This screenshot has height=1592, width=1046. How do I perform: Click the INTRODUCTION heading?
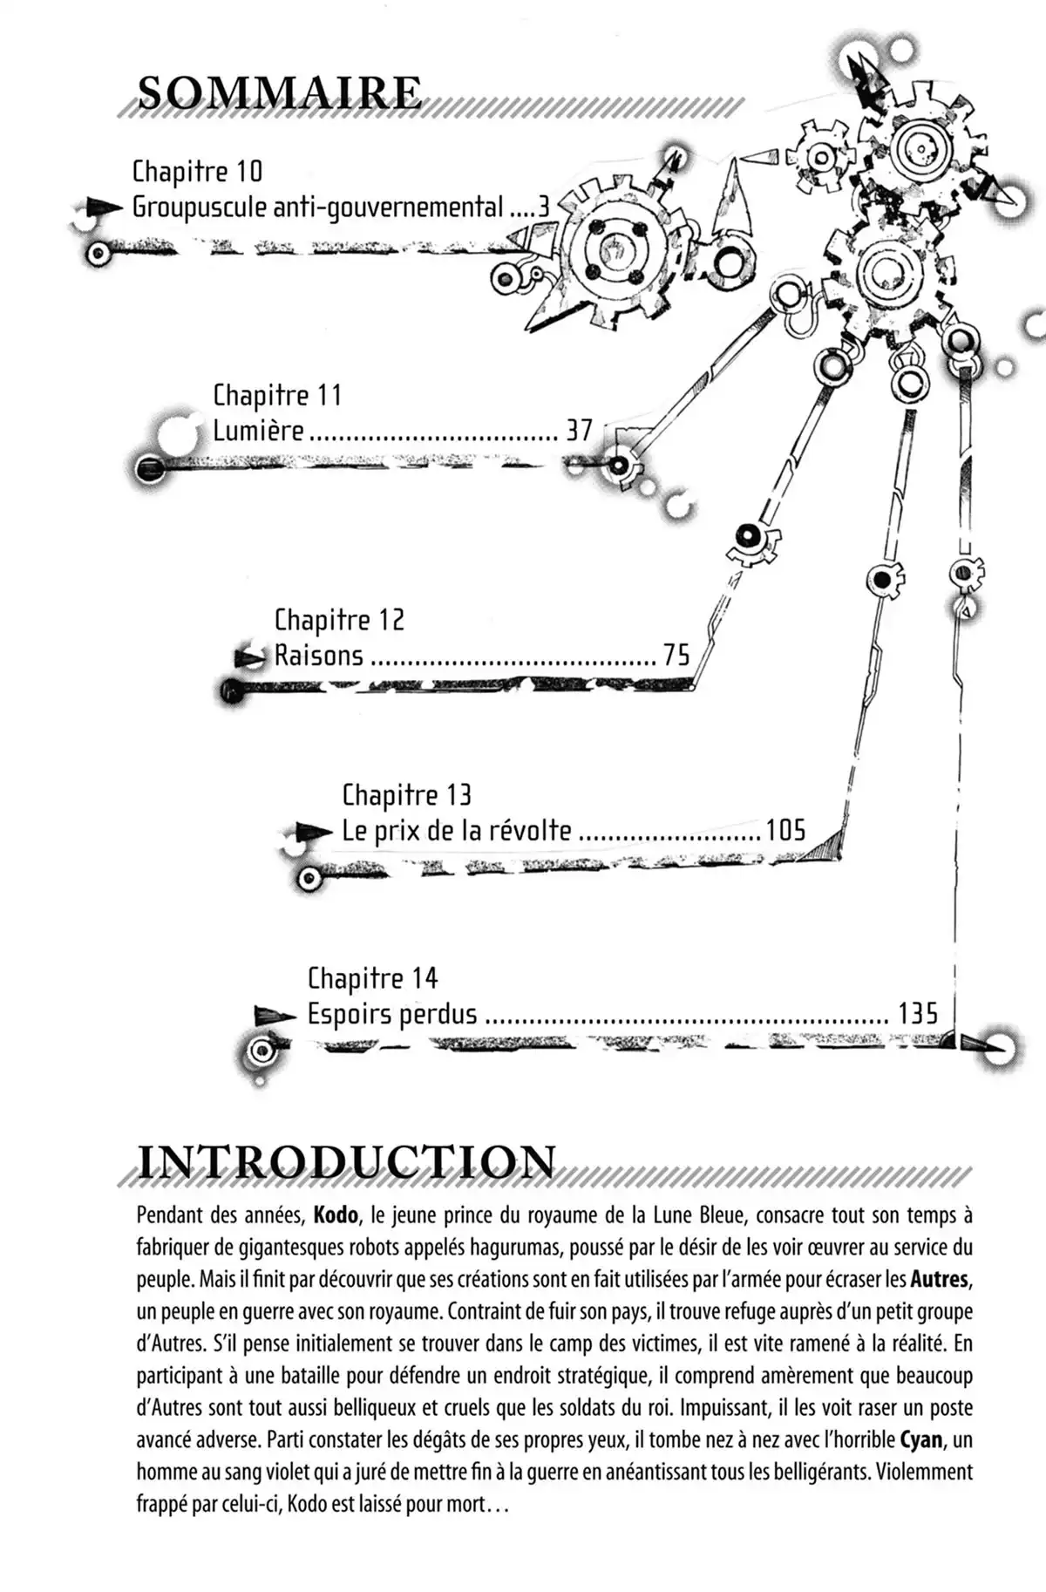tap(346, 1162)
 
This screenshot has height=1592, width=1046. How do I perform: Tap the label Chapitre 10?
tap(197, 171)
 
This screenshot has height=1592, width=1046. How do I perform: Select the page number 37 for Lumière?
tap(580, 431)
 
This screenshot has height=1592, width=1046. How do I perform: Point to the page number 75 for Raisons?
tap(676, 655)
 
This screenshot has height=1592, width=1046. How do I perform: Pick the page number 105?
tap(785, 830)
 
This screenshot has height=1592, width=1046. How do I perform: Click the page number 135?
tap(918, 1014)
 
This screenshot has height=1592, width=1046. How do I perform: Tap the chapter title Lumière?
tap(259, 431)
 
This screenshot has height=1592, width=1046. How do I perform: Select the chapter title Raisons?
tap(319, 655)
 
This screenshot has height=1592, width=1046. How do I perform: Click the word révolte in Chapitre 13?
tap(528, 830)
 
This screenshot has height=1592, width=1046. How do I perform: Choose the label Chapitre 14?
tap(372, 978)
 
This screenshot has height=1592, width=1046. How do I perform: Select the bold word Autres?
tap(941, 1280)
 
